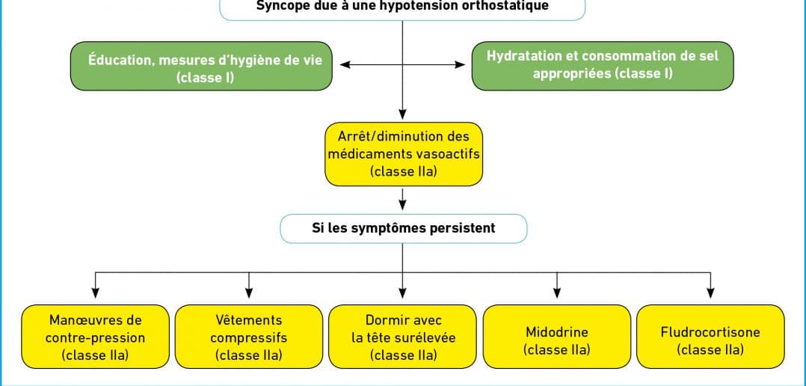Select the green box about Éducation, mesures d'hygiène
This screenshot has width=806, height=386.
tap(202, 67)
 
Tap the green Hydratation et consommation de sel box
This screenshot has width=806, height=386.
tap(603, 67)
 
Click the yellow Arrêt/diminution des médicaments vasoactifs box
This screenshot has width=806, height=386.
tap(404, 153)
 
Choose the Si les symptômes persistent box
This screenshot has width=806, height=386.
tap(404, 228)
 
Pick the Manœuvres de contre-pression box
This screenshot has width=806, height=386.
tap(95, 337)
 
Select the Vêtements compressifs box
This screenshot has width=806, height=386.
tap(249, 337)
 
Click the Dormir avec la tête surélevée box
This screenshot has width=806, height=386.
tap(402, 337)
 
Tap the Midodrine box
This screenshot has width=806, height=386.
tap(557, 337)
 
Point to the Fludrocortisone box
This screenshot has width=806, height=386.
tap(710, 337)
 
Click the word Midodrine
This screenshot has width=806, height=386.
tap(557, 331)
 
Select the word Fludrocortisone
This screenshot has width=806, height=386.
tap(710, 331)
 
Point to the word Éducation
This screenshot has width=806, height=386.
tap(120, 60)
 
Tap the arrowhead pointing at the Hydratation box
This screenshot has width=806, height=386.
tap(460, 65)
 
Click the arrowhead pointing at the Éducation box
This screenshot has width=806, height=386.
tap(345, 65)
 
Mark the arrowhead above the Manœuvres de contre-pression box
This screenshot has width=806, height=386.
tap(95, 293)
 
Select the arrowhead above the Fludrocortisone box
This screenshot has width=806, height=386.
tap(710, 293)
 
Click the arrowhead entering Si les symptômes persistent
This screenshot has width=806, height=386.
tap(402, 204)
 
